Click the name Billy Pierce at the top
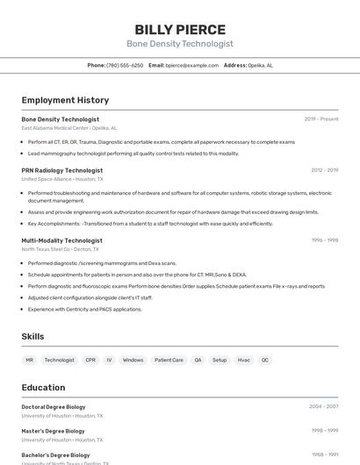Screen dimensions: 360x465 pos(180,30)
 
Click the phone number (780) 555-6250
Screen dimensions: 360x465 pos(125,65)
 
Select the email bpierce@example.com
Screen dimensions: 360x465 pos(192,65)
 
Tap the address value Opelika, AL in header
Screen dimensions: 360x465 pos(261,65)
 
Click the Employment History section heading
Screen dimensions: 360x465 pos(65,100)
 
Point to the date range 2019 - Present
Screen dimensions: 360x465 pos(321,119)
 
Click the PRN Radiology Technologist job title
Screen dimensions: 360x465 pos(61,170)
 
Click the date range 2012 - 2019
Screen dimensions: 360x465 pos(324,170)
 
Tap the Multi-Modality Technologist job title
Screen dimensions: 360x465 pos(61,240)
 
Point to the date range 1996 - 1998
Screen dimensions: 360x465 pos(324,240)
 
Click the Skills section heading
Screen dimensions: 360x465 pos(32,336)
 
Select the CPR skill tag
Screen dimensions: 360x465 pos(90,360)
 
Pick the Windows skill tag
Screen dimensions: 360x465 pos(133,360)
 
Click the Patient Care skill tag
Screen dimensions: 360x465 pos(169,360)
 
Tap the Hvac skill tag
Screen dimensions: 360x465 pos(243,360)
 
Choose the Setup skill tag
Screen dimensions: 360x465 pos(220,360)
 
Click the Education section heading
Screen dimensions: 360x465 pos(43,387)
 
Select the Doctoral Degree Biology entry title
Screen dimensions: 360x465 pos(54,407)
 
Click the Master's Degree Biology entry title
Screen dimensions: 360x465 pos(53,431)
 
